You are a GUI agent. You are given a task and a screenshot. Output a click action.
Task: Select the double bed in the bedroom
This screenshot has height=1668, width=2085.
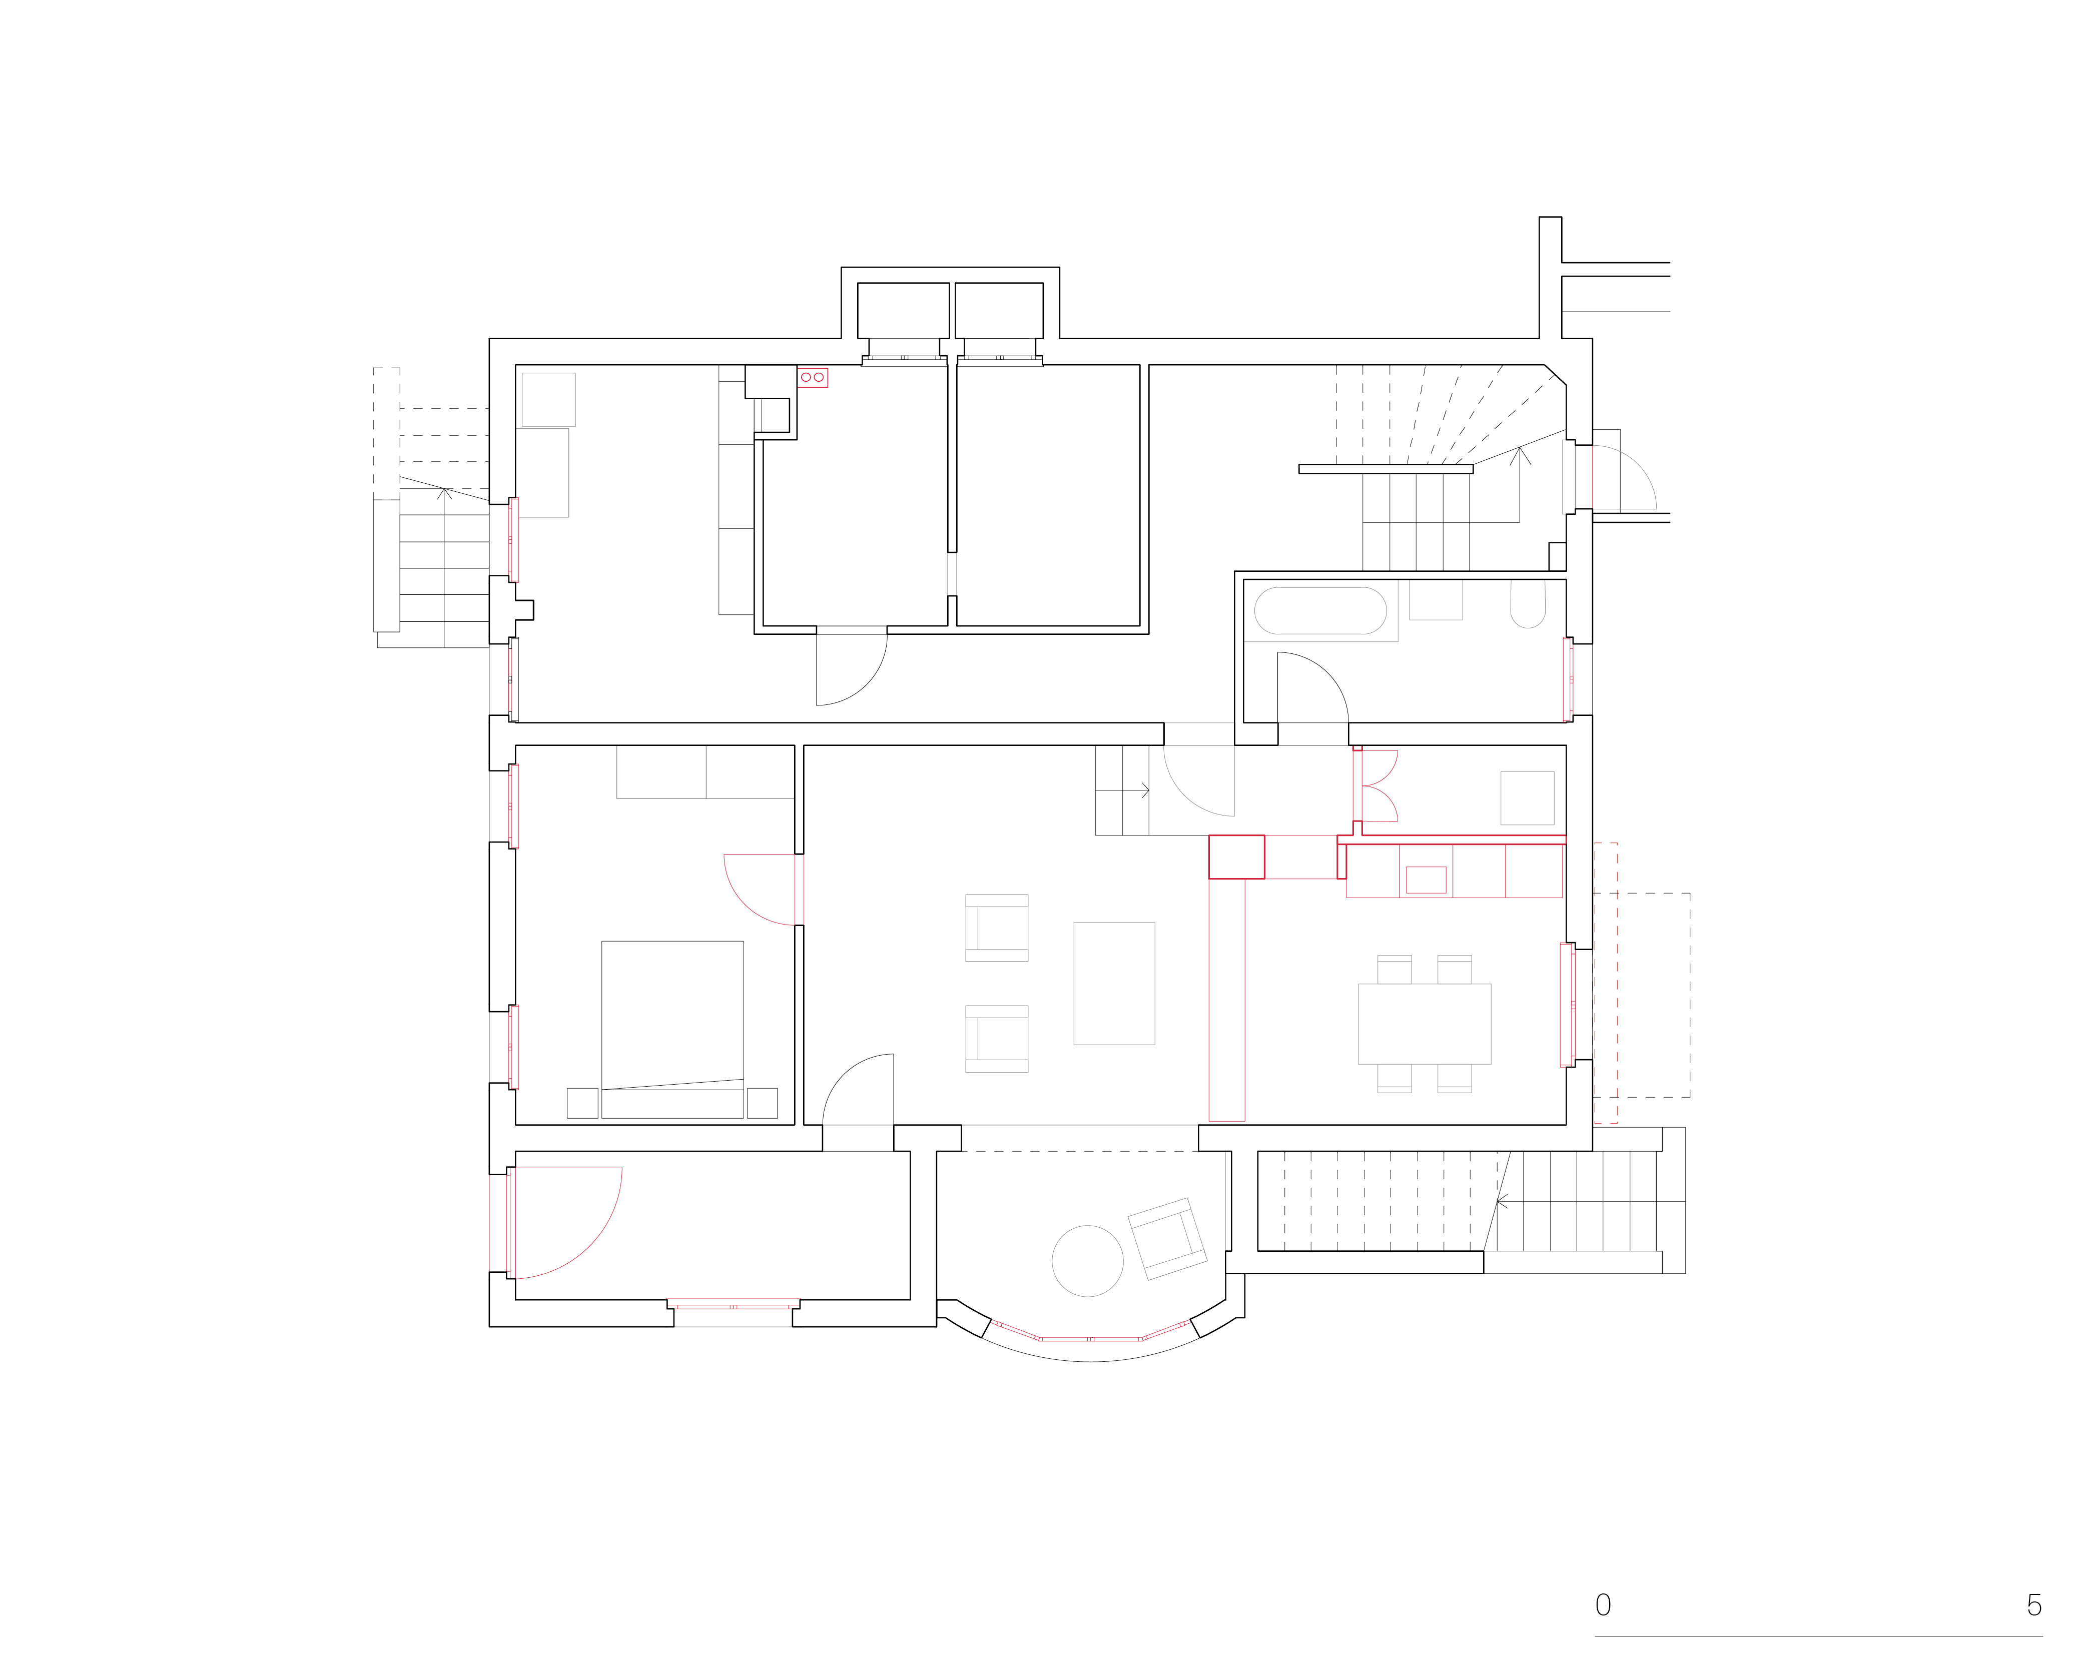672,1030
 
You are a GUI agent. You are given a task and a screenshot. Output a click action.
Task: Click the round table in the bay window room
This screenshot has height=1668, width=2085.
1088,1261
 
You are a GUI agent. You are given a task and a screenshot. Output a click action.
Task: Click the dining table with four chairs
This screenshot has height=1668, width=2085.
1425,1024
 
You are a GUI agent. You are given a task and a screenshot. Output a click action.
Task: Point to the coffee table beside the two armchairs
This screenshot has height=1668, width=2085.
1114,984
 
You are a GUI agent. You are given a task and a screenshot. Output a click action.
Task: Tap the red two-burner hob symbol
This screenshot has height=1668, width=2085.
813,377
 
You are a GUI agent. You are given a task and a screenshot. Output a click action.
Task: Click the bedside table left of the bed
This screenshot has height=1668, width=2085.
582,1103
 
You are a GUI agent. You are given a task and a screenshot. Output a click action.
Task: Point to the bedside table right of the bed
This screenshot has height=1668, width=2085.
762,1103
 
